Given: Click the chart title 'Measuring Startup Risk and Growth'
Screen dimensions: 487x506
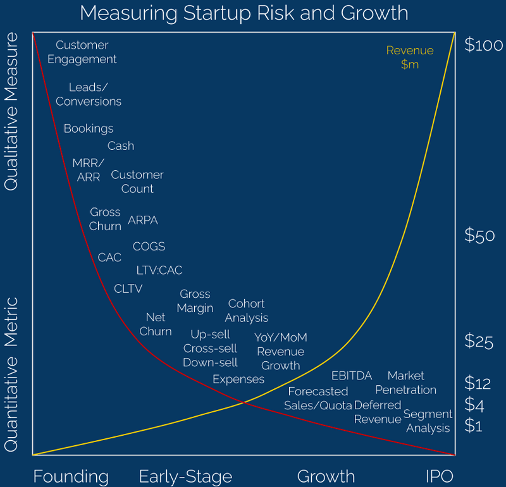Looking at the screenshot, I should point(244,13).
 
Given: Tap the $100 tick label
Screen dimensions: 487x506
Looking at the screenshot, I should point(484,45).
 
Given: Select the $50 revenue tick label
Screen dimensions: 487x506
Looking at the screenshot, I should point(480,236).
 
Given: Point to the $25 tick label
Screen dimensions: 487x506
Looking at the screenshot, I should point(480,341).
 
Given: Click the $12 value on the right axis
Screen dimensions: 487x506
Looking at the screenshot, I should point(479,383).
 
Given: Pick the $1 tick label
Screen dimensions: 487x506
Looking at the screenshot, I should point(474,426).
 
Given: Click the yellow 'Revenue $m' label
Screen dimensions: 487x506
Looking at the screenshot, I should point(410,58).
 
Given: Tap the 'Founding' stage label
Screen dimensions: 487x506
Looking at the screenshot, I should point(71,476).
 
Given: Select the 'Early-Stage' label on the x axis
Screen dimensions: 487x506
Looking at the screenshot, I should point(185,476).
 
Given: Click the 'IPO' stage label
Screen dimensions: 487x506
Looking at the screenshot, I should point(440,476).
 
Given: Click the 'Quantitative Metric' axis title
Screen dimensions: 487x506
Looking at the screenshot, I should point(12,373).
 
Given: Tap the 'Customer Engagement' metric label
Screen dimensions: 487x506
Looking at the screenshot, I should point(82,52).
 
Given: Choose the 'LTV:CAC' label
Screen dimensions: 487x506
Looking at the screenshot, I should point(159,270).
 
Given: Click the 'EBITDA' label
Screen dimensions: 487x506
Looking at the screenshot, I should point(352,376).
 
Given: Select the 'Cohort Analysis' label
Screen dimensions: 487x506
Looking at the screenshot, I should point(247,311).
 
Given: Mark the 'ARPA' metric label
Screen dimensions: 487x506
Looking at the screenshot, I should point(143,220).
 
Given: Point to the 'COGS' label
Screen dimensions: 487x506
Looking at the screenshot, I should point(149,246).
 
